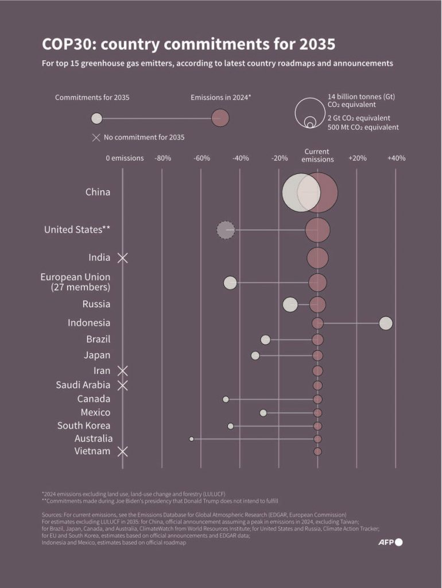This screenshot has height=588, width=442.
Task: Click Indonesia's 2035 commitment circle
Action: [386, 323]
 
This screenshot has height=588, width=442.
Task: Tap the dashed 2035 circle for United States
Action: [226, 230]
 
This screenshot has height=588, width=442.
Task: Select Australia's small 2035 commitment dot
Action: [192, 439]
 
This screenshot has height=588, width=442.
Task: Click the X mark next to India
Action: [122, 258]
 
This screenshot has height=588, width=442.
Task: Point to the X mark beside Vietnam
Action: [122, 451]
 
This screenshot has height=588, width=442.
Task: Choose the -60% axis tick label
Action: [202, 158]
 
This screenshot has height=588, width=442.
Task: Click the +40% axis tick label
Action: [396, 158]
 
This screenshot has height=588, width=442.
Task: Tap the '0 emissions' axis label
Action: [125, 158]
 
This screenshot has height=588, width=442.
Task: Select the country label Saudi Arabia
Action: [83, 385]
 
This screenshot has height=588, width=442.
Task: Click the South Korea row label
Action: [84, 425]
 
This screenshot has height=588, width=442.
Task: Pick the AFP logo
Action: [390, 542]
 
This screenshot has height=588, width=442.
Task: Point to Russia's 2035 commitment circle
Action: [290, 304]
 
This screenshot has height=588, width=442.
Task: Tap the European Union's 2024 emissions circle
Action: [317, 283]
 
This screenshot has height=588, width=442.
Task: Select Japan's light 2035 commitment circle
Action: [255, 355]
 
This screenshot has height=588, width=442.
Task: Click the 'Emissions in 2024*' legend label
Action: [221, 98]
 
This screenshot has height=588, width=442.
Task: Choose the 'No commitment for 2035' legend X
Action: [96, 137]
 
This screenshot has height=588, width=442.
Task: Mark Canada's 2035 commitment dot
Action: [226, 399]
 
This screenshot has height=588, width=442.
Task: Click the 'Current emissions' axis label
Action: [317, 156]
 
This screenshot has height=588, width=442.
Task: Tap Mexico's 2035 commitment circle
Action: [263, 412]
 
